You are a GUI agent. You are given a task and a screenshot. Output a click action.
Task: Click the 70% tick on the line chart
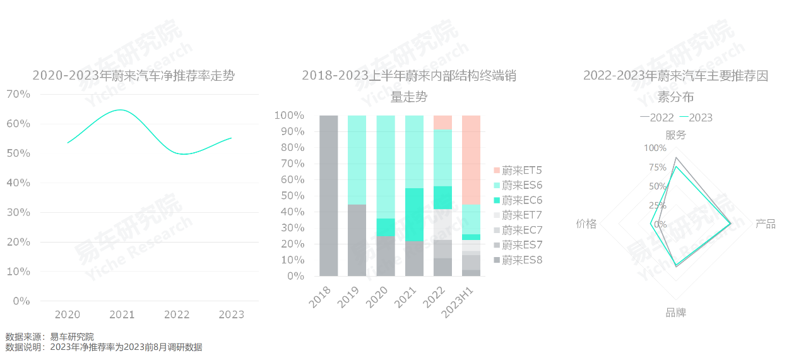[x=18, y=94]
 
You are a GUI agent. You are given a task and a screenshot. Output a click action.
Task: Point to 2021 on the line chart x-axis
[x=122, y=315]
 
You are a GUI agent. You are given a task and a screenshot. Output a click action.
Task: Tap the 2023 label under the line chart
[x=230, y=315]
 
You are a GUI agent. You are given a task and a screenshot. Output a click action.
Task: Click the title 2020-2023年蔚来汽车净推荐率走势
[x=133, y=76]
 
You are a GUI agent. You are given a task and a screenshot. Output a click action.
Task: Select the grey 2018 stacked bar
[x=329, y=196]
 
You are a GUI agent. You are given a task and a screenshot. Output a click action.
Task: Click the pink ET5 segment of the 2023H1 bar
[x=471, y=159]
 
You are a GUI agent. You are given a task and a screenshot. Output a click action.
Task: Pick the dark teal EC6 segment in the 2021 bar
[x=414, y=215]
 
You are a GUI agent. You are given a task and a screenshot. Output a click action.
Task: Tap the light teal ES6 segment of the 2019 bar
[x=357, y=160]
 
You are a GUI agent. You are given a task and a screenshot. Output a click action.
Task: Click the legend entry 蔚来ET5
[x=518, y=170]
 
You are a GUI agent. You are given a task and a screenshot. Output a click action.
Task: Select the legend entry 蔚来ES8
[x=518, y=260]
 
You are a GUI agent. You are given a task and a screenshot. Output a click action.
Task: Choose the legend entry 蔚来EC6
[x=518, y=200]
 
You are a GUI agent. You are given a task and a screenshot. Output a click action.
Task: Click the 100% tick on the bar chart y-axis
[x=288, y=116]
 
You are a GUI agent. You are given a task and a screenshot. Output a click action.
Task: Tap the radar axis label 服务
[x=675, y=135]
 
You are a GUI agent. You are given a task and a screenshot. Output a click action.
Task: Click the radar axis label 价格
[x=586, y=224]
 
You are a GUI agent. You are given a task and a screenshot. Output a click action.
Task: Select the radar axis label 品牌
[x=675, y=313]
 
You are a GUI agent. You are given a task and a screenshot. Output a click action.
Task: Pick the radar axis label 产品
[x=766, y=224]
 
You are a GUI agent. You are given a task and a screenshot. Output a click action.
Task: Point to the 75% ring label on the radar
[x=657, y=167]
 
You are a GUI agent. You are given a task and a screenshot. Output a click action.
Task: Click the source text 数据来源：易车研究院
[x=49, y=337]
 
